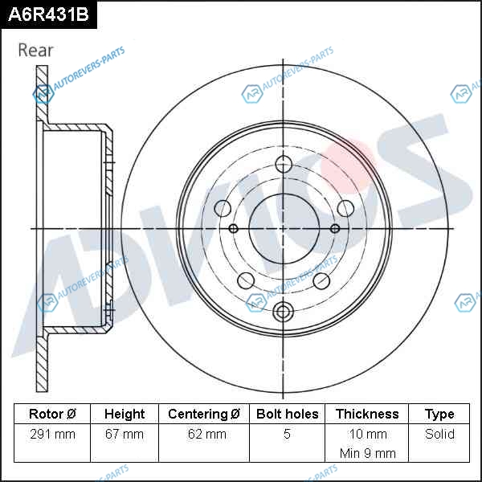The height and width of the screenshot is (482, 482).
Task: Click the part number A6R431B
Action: click(x=48, y=14)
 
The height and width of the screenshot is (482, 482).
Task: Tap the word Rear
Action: click(x=35, y=50)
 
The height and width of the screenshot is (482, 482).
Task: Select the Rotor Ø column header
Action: click(x=52, y=414)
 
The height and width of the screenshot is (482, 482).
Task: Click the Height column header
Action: click(x=125, y=414)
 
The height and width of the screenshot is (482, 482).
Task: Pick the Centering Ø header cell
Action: click(x=204, y=414)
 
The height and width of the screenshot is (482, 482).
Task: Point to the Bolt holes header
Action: click(x=287, y=414)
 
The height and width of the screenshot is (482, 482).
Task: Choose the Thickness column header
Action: click(x=367, y=414)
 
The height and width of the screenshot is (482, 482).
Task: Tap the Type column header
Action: click(x=439, y=415)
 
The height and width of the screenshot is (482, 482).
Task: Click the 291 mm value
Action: click(x=52, y=434)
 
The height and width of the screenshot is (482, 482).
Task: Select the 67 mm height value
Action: click(x=125, y=434)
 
